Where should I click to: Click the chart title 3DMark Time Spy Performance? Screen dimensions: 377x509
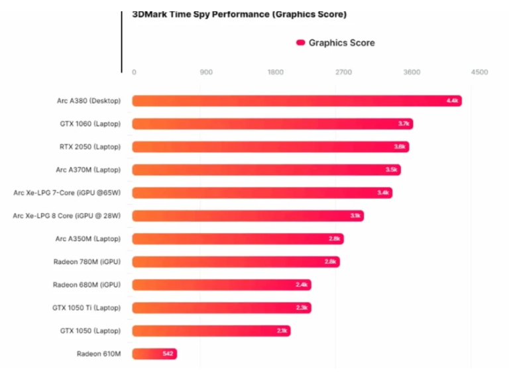[x=239, y=14]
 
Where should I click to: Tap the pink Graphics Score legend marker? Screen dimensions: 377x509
[x=300, y=42]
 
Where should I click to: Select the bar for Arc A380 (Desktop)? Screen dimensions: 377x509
[x=296, y=101]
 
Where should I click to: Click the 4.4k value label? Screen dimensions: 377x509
[x=452, y=101]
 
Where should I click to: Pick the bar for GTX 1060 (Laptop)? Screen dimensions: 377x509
[x=272, y=123]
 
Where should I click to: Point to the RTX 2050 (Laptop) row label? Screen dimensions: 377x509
[x=90, y=147]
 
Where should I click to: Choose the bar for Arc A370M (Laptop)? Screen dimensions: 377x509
[x=266, y=170]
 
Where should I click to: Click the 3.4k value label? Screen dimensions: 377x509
[x=382, y=193]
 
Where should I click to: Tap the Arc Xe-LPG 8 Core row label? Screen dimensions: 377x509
[x=67, y=216]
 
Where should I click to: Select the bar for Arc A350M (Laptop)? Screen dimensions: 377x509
[x=237, y=239]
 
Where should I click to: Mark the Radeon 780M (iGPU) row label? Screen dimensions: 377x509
[x=87, y=262]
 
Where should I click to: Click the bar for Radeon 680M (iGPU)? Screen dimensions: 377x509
[x=221, y=285]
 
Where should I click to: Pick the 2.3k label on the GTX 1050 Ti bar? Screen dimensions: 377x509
[x=302, y=308]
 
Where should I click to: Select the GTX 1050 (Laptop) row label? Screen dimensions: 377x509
[x=89, y=331]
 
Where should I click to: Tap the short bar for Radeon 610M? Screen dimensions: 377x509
[x=154, y=354]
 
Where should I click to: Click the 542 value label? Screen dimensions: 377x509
[x=168, y=354]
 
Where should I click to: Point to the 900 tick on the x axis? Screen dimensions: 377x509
[x=206, y=72]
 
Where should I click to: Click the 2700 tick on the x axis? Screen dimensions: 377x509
[x=343, y=72]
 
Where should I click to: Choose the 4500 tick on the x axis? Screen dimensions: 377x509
[x=479, y=72]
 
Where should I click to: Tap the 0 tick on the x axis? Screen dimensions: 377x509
[x=134, y=72]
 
